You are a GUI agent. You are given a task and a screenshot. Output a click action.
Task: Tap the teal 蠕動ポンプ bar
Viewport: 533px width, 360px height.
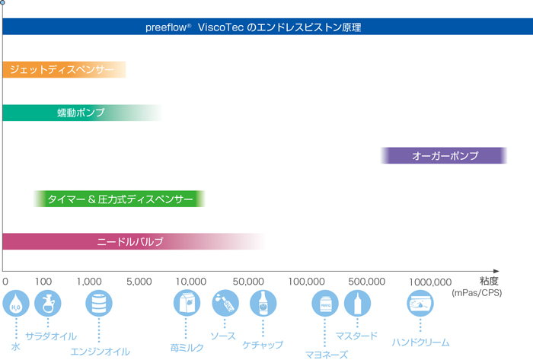click(x=81, y=113)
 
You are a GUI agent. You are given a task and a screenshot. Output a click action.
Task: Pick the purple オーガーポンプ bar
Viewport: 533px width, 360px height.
click(x=445, y=156)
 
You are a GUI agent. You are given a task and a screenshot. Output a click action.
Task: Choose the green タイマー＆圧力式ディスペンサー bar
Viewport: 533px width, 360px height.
click(x=120, y=199)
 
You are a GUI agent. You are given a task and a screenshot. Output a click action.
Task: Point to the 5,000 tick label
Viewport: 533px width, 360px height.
click(x=139, y=282)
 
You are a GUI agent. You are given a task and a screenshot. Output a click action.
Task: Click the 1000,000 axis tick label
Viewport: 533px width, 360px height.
click(x=430, y=282)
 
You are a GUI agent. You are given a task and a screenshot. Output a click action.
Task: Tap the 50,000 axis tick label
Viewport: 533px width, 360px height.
click(x=248, y=282)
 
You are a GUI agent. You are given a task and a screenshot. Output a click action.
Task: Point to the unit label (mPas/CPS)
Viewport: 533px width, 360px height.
click(x=477, y=292)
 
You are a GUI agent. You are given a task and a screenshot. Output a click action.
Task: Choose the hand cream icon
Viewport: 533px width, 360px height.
click(x=420, y=304)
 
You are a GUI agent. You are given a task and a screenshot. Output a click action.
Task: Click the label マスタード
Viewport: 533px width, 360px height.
click(x=356, y=336)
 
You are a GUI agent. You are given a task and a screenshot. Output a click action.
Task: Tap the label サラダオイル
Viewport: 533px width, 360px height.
click(x=51, y=336)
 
